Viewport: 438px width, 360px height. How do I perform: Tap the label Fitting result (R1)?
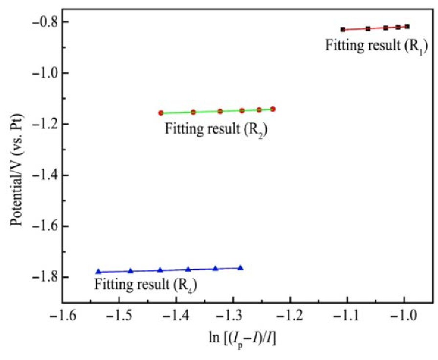tap(376, 46)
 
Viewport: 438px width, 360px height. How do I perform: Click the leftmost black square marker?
tap(343, 30)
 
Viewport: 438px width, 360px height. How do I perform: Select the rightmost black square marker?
tap(407, 26)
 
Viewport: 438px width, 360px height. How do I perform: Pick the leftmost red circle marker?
tap(161, 113)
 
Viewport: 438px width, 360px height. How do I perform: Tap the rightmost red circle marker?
tap(273, 109)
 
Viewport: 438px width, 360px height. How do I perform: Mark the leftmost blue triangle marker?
tap(98, 271)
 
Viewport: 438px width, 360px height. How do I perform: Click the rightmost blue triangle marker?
tap(240, 268)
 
